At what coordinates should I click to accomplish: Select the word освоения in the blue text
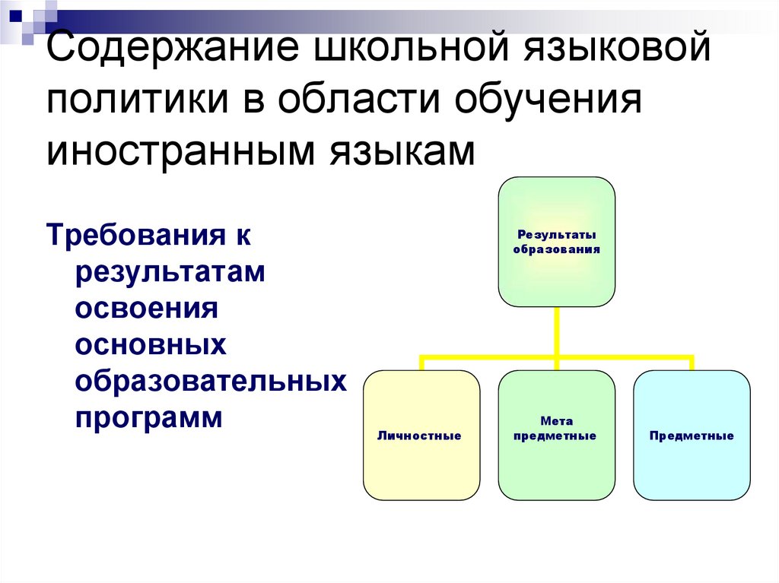(x=147, y=309)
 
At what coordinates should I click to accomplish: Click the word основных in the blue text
(x=151, y=346)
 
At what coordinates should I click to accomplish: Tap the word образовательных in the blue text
(x=211, y=382)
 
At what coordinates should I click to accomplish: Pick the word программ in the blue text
(x=149, y=419)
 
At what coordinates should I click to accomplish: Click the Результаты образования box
(x=556, y=242)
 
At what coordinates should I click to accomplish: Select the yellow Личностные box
(x=421, y=435)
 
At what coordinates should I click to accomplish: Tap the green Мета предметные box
(x=556, y=435)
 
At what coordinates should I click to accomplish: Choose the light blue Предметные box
(x=692, y=435)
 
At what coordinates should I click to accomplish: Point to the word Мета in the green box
(x=557, y=422)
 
